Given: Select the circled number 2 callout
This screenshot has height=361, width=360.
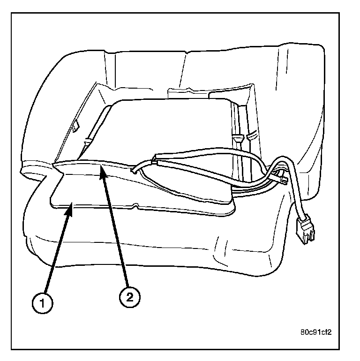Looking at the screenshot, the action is point(129,296).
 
